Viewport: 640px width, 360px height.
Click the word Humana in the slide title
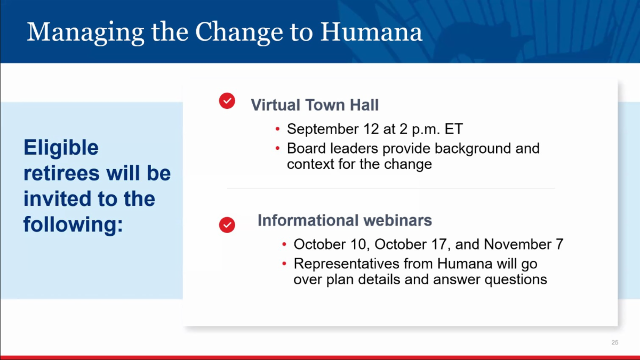click(371, 31)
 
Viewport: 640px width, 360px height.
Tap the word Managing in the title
click(85, 33)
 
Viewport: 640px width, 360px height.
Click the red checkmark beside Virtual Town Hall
click(227, 101)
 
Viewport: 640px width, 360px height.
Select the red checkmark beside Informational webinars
click(227, 225)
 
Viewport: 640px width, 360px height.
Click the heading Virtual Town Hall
click(315, 105)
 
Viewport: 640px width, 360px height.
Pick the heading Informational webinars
click(345, 220)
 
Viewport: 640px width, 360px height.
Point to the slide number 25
click(615, 342)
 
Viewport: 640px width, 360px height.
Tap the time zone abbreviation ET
click(454, 129)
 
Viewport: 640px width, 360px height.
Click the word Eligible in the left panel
click(61, 148)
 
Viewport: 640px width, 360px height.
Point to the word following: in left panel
click(73, 225)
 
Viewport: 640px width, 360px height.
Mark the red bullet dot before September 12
click(277, 129)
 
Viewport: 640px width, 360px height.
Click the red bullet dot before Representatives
click(284, 263)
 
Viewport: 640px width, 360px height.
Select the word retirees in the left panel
click(62, 173)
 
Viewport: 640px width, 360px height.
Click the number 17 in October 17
click(439, 245)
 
